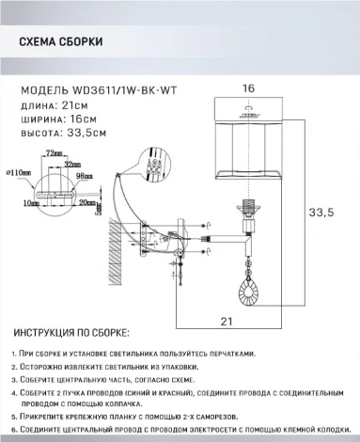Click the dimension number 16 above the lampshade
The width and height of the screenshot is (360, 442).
(249, 87)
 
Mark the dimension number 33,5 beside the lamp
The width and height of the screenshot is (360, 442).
(323, 214)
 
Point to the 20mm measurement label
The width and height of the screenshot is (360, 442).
(88, 200)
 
